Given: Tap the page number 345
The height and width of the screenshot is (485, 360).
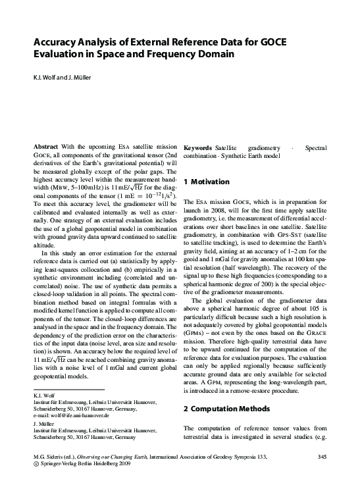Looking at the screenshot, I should (x=322, y=456).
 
